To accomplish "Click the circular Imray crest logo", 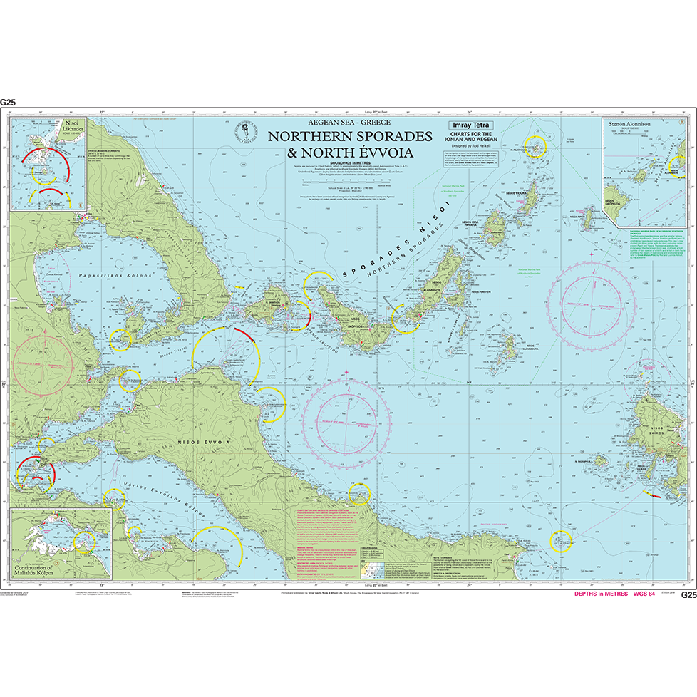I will coord(246,131).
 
